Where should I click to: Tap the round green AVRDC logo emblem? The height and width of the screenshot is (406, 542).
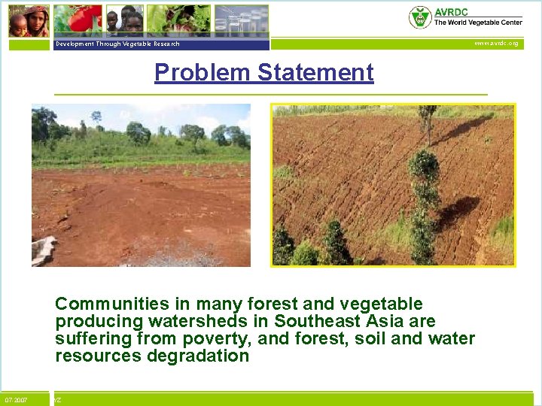tap(419, 17)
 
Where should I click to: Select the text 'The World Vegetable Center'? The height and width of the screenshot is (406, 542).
tap(477, 23)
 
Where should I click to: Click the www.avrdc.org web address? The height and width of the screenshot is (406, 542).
tap(495, 44)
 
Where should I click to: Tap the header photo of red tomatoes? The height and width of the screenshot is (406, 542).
tap(78, 20)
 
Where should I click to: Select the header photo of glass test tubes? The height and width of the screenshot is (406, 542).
tap(241, 20)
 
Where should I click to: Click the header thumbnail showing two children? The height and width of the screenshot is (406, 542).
tap(123, 20)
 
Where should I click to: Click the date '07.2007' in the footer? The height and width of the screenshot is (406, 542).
tap(17, 400)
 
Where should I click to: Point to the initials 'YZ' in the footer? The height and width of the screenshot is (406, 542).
tap(57, 400)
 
